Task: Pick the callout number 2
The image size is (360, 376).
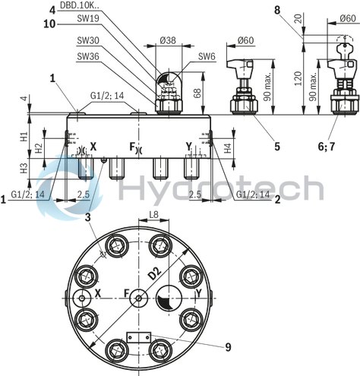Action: (x=277, y=199)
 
